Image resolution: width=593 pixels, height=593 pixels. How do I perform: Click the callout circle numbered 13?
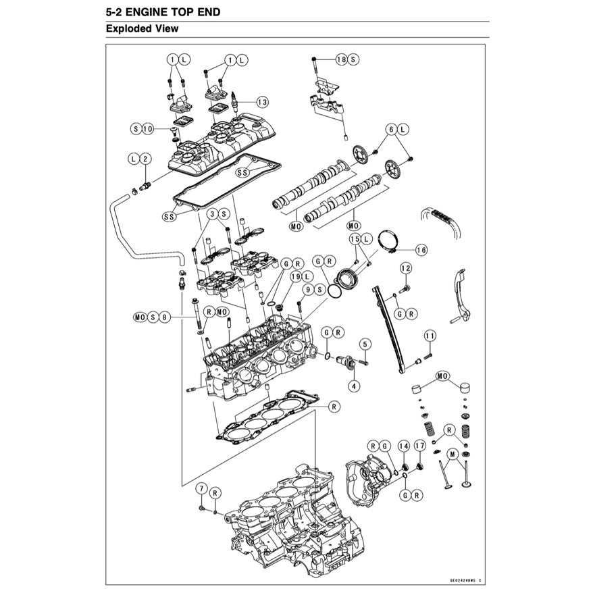[x=261, y=102]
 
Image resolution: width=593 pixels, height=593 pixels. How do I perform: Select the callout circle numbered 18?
[x=341, y=59]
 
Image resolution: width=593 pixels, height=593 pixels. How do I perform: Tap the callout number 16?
[x=421, y=250]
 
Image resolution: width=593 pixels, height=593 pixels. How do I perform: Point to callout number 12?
[x=405, y=268]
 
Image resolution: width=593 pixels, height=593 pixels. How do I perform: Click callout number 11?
[x=430, y=336]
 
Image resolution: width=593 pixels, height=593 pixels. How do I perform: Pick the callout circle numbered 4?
[x=353, y=386]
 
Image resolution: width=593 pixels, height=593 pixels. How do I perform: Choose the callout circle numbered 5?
[x=364, y=344]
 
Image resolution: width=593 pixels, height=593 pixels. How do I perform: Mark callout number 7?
[x=201, y=488]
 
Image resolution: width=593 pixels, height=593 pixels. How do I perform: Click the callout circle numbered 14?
[x=403, y=446]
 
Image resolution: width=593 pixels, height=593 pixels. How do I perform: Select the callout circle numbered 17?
[x=419, y=446]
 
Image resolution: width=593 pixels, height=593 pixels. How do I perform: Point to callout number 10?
[x=148, y=128]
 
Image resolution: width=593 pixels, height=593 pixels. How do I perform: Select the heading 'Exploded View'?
[x=143, y=29]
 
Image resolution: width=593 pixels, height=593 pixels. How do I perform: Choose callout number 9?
[x=307, y=289]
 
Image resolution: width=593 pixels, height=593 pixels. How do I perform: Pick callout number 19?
[x=294, y=277]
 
